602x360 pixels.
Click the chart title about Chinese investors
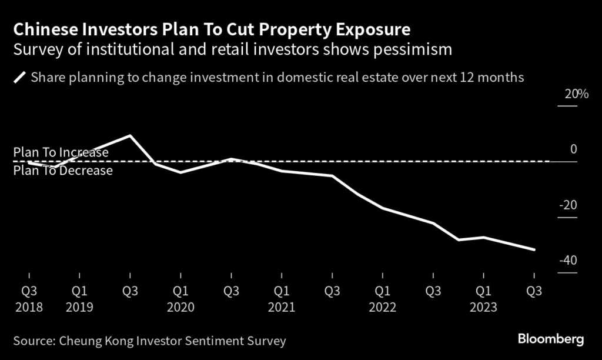(212, 29)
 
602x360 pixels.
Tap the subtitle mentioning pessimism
(233, 49)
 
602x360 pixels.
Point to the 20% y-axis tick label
(568, 95)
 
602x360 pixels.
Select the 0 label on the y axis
(573, 150)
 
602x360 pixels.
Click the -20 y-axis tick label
(568, 205)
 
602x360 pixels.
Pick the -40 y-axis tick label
(568, 261)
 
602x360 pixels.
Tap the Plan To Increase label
(61, 152)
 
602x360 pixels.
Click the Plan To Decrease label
(62, 171)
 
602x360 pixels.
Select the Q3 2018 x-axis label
(29, 298)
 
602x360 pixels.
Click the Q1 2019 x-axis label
(80, 298)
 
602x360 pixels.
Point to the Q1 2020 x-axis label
(180, 298)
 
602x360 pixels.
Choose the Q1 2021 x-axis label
(282, 298)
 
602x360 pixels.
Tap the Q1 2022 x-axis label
(382, 298)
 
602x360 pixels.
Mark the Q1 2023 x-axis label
(483, 298)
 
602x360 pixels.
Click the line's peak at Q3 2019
(130, 136)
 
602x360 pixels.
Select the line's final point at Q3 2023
(534, 249)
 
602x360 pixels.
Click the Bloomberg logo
(551, 339)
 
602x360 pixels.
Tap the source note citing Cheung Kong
(149, 340)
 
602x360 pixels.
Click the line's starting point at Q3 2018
(29, 162)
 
